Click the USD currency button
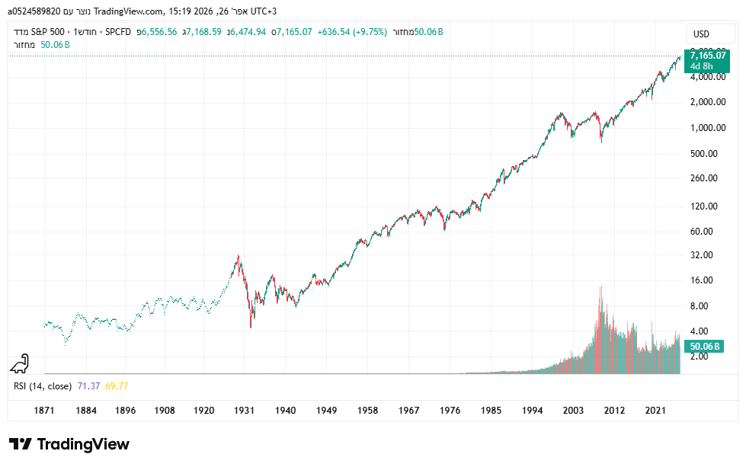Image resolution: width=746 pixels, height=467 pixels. (700, 34)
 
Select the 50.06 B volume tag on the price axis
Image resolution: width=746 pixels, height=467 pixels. (705, 346)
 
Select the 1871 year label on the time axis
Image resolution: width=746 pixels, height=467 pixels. (44, 411)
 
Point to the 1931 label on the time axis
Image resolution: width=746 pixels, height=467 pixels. (244, 411)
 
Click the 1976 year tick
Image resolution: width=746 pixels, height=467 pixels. (450, 411)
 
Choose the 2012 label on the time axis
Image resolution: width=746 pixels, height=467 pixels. (615, 411)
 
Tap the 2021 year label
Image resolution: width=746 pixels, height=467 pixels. (656, 411)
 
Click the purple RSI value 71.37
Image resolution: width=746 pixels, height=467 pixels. (88, 386)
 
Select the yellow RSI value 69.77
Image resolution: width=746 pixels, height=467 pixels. (117, 386)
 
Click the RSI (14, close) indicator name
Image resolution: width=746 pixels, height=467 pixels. (43, 386)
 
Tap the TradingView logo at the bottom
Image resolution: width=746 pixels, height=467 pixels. (69, 444)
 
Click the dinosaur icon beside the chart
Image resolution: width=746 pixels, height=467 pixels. (21, 363)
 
